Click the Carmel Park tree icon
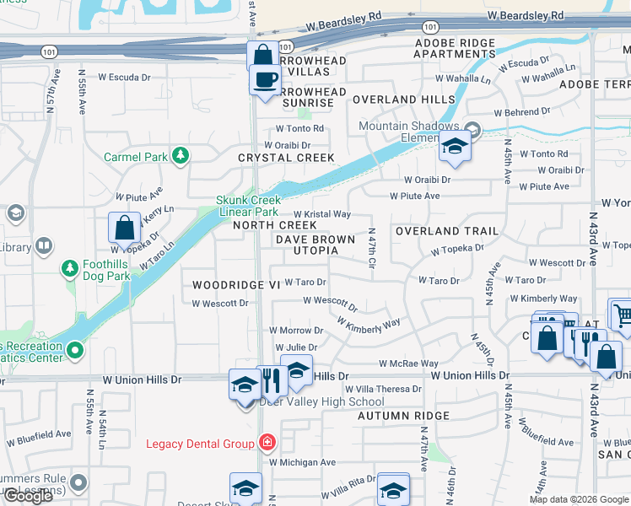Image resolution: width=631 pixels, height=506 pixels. point(180,155)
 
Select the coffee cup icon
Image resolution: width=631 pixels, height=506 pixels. point(265,80)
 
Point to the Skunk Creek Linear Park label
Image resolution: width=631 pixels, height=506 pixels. point(247,206)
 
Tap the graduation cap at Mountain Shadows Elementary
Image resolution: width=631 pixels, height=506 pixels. point(454,147)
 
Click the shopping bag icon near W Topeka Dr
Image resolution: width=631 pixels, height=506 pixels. point(124,228)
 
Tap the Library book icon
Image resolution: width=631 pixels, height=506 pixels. point(44,247)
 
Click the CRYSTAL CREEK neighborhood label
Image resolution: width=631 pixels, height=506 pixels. point(286,158)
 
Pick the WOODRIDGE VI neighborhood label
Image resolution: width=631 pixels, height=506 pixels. point(235,286)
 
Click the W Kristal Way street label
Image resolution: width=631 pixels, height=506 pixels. point(321,215)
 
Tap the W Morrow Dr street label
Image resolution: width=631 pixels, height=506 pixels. point(295,331)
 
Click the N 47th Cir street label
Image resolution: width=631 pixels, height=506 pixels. point(371,248)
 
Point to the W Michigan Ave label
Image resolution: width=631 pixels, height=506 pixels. point(302,462)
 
